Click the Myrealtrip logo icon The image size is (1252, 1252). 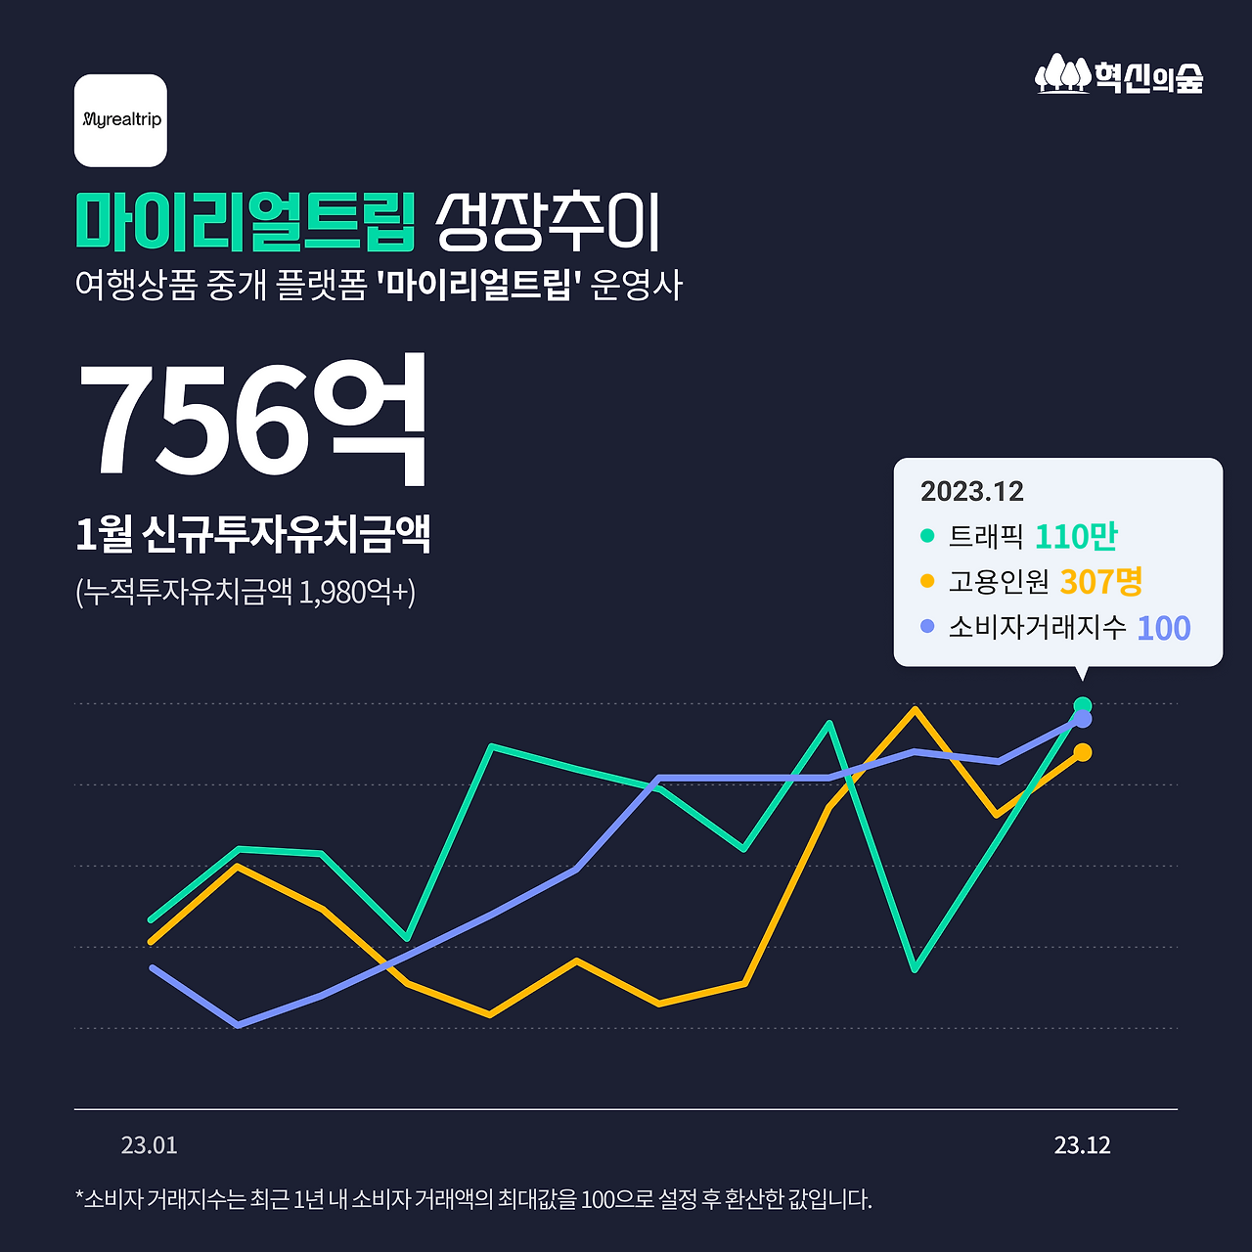click(x=120, y=120)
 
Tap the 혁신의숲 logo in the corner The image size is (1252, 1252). click(x=1119, y=75)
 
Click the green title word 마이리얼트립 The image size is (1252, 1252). click(x=246, y=221)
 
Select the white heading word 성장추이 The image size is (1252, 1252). click(x=548, y=221)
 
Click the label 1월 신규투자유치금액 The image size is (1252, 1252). click(x=252, y=535)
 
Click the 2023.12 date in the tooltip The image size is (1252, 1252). click(x=971, y=491)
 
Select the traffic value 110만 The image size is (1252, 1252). click(x=1075, y=536)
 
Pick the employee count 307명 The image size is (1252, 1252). click(x=1100, y=582)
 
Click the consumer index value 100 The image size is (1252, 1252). click(x=1163, y=628)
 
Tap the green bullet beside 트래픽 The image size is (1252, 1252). click(x=927, y=536)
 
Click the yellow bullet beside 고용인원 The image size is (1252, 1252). click(x=927, y=581)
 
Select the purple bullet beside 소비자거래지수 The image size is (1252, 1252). click(x=927, y=626)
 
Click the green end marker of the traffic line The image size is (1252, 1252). click(x=1082, y=705)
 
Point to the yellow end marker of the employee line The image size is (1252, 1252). click(x=1082, y=752)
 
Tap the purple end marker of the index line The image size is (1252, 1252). click(x=1082, y=720)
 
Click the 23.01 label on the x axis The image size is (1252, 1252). click(x=149, y=1145)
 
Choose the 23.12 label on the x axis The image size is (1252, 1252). click(x=1082, y=1145)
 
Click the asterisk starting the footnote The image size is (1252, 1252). click(x=79, y=1196)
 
